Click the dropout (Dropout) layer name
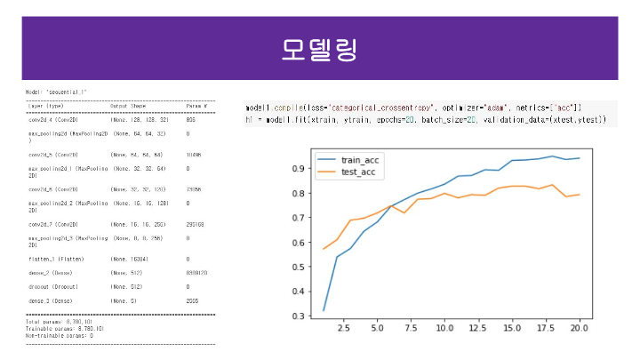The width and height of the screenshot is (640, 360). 53,287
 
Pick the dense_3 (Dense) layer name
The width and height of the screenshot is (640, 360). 52,302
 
